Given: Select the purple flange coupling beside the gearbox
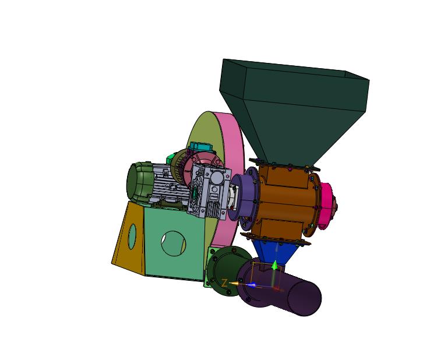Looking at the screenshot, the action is tap(243, 196).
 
